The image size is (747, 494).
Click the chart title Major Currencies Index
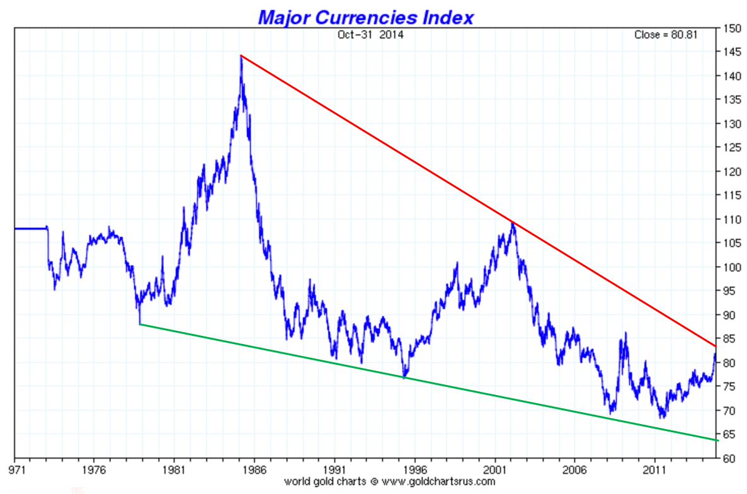365,17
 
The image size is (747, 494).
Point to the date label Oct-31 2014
370,35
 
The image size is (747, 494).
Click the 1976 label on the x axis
93,469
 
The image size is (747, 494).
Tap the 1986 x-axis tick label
254,469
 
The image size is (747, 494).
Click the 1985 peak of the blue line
241,57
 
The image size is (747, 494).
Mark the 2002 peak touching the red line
513,222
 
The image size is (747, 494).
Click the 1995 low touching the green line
404,377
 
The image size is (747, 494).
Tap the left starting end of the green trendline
140,325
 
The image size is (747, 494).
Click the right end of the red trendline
715,346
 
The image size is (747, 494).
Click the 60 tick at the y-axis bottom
729,458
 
